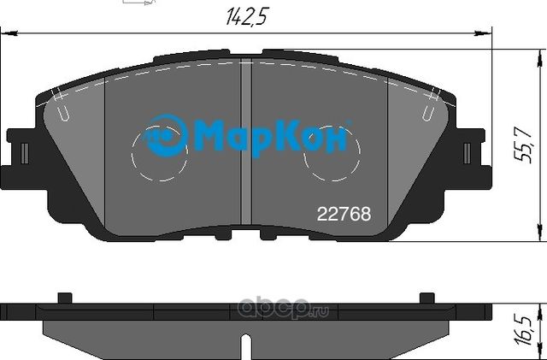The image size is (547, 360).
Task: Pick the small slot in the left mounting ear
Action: (25, 152)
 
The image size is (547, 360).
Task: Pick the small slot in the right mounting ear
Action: (468, 152)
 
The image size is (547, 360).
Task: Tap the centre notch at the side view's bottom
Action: (246, 349)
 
